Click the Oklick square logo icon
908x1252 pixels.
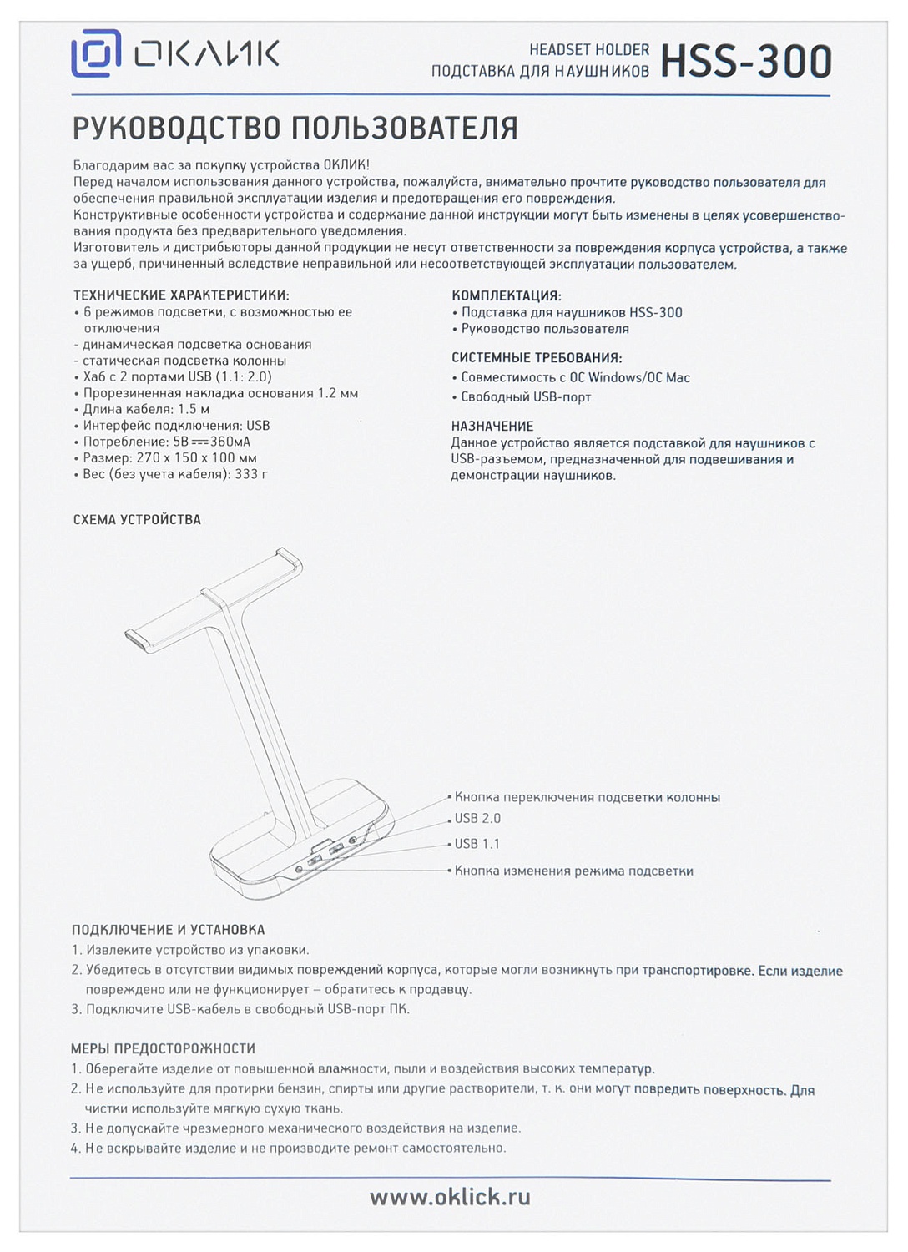click(x=96, y=53)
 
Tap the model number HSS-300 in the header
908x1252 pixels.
click(x=746, y=61)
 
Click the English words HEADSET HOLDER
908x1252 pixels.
click(x=589, y=50)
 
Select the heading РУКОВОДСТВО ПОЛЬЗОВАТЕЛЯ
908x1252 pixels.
click(x=295, y=129)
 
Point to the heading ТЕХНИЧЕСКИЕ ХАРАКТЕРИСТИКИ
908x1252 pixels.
click(x=181, y=295)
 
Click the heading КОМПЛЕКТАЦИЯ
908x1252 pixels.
click(x=507, y=295)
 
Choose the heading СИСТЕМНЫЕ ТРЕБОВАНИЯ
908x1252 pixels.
click(x=537, y=358)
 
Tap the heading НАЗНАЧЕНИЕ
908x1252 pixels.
click(x=492, y=426)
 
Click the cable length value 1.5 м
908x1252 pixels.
click(x=194, y=409)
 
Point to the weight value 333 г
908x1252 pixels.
click(x=252, y=474)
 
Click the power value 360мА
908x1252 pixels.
click(x=230, y=442)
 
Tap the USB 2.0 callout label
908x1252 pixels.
click(x=477, y=819)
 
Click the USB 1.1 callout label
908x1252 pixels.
click(x=477, y=844)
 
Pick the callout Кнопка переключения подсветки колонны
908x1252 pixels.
click(x=587, y=798)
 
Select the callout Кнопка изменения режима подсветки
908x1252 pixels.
click(x=573, y=871)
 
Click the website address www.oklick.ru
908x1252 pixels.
click(x=450, y=1197)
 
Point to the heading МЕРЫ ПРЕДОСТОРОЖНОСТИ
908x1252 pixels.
click(x=163, y=1048)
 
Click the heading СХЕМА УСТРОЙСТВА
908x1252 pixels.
click(x=137, y=519)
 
